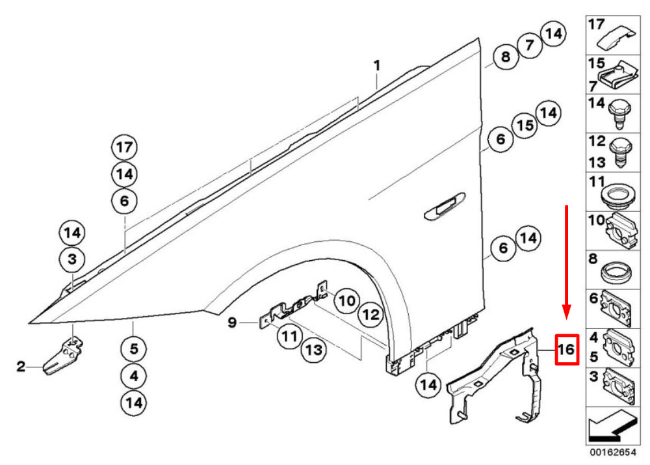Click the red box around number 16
click(565, 350)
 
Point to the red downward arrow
click(567, 260)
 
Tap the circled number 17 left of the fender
click(124, 148)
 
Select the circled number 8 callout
click(504, 57)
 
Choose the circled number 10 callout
click(346, 300)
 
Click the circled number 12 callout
click(370, 315)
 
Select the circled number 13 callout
click(313, 351)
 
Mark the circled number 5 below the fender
click(134, 349)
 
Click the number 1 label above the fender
click(376, 66)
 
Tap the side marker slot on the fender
click(444, 207)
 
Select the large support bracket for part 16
click(500, 374)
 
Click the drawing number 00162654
click(613, 449)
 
